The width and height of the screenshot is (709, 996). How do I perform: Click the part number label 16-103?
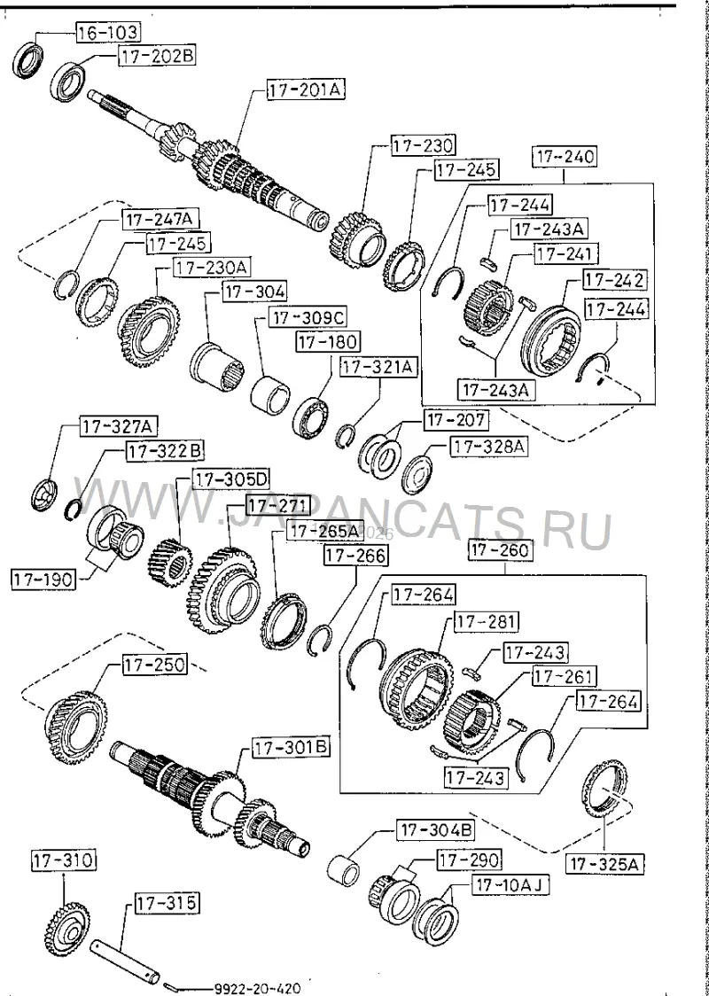coord(109,32)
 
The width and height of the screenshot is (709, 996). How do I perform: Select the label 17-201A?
coord(306,90)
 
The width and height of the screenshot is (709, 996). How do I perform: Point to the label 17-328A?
coord(488,447)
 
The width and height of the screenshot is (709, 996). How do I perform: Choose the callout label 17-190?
coord(43,579)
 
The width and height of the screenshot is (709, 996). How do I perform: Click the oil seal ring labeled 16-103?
coord(28,59)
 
